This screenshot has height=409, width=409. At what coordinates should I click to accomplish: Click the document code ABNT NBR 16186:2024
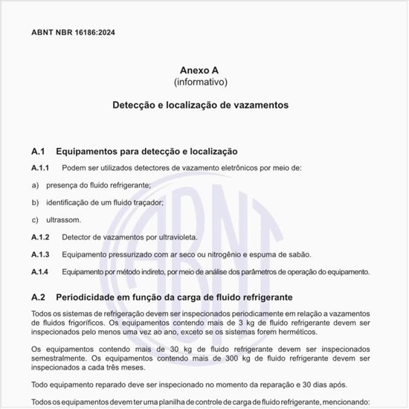(73, 32)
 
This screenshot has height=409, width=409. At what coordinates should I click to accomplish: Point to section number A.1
(39, 152)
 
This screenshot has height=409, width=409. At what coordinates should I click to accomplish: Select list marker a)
(35, 185)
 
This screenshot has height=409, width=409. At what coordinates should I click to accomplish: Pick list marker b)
(35, 202)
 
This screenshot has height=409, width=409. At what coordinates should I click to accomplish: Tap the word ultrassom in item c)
(63, 220)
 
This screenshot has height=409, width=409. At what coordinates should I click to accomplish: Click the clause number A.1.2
(40, 237)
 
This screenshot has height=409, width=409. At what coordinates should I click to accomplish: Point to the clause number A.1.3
(40, 254)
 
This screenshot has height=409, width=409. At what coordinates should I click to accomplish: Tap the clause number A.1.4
(40, 272)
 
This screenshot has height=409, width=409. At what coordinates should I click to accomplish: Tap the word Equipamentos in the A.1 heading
(90, 152)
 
